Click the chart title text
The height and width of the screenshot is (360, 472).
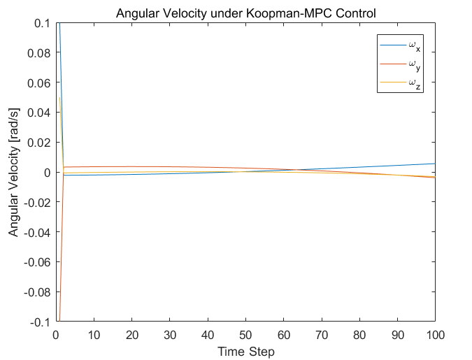[x=245, y=11]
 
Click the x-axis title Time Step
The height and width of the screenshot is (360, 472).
[x=245, y=351]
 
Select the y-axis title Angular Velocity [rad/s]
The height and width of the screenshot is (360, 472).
[x=14, y=173]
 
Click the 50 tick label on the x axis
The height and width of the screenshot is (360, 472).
[x=245, y=335]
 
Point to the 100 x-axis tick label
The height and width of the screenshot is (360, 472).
[x=435, y=335]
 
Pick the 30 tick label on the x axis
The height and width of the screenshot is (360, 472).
[x=170, y=335]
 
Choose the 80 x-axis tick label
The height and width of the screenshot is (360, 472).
[x=359, y=335]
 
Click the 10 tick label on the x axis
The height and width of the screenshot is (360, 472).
[x=94, y=335]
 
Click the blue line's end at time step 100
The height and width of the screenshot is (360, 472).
[x=435, y=164]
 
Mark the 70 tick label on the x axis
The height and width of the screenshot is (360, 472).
[x=322, y=335]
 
